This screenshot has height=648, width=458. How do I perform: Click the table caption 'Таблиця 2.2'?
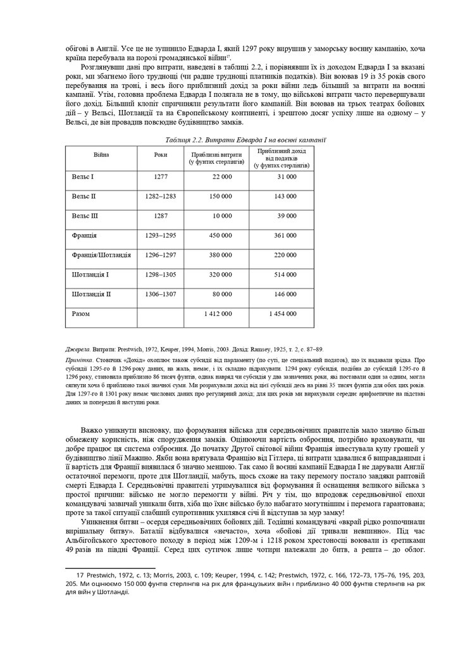[x=165, y=139]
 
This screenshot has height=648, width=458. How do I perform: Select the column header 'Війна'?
[x=101, y=155]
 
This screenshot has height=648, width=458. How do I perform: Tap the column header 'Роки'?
[x=161, y=155]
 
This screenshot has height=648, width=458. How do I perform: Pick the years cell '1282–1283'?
[x=161, y=196]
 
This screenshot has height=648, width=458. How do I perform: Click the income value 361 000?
[x=284, y=235]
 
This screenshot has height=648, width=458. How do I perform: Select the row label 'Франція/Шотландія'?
[x=102, y=255]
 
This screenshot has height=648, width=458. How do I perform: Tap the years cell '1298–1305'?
[x=161, y=275]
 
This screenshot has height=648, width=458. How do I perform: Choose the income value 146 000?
[x=284, y=294]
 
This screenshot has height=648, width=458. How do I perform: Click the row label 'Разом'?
[x=82, y=313]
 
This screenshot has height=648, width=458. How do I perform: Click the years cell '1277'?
[x=161, y=177]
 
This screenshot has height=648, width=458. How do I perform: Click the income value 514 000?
[x=284, y=275]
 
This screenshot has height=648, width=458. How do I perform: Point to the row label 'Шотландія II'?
[x=92, y=294]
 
